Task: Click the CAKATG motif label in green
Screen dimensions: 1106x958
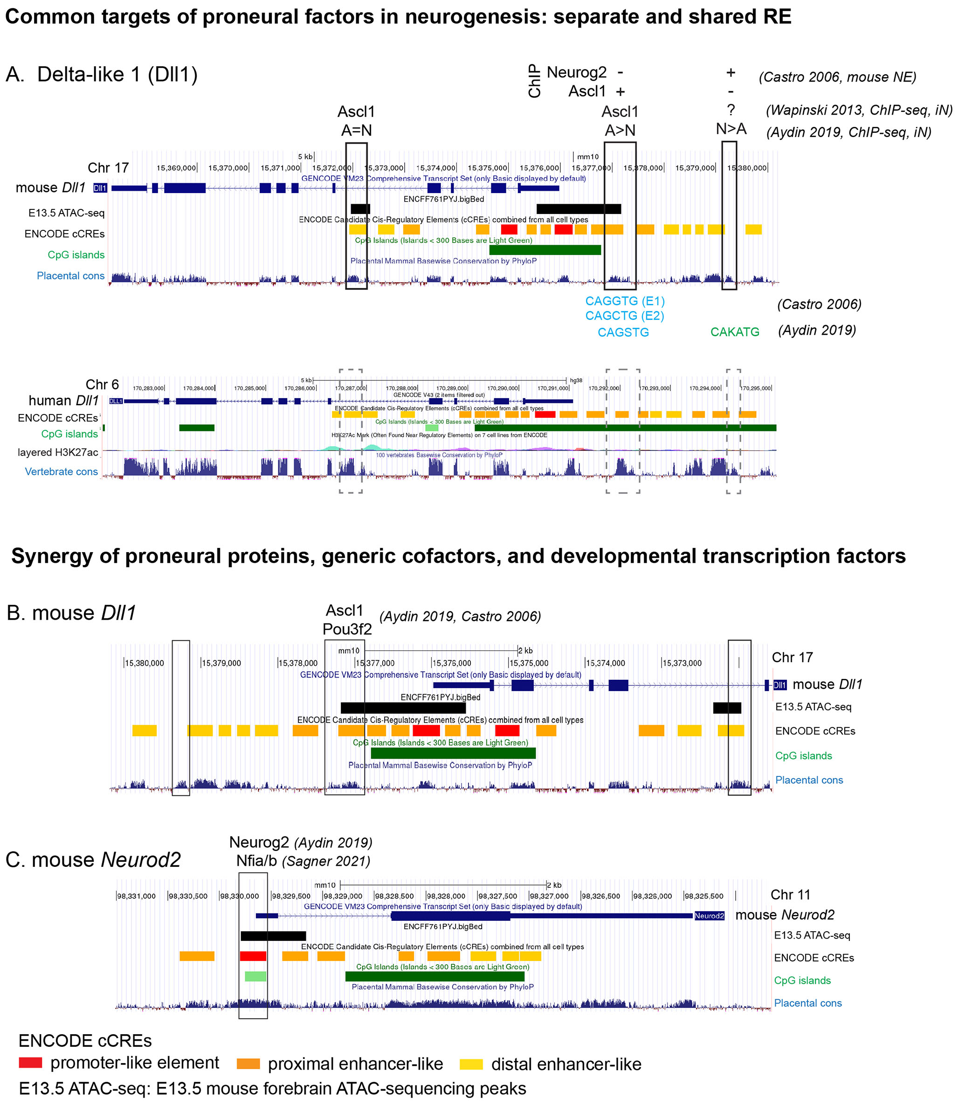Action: pos(734,332)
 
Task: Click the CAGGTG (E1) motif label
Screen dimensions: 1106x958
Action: pos(624,301)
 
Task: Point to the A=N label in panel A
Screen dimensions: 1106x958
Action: pos(356,130)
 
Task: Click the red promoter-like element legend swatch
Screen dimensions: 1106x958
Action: pos(30,1062)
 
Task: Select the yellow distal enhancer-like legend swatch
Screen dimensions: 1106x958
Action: pos(471,1064)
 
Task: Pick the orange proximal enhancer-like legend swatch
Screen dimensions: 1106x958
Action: pos(248,1064)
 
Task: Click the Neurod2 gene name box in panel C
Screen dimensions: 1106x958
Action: pos(709,916)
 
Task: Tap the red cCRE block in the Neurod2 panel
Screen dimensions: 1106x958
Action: pos(253,956)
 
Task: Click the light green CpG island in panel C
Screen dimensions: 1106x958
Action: pos(255,976)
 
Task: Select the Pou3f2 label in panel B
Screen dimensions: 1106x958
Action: pos(347,629)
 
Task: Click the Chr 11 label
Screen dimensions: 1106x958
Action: pos(790,894)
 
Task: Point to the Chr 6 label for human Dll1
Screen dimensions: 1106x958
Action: pos(102,384)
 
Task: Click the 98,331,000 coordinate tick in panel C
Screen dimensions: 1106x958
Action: pos(136,896)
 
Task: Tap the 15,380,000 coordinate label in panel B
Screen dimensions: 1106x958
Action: pos(145,663)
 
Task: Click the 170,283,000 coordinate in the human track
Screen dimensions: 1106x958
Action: pos(149,388)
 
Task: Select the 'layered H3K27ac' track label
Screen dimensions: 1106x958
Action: pos(58,452)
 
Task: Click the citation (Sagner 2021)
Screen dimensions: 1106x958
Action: pos(326,861)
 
